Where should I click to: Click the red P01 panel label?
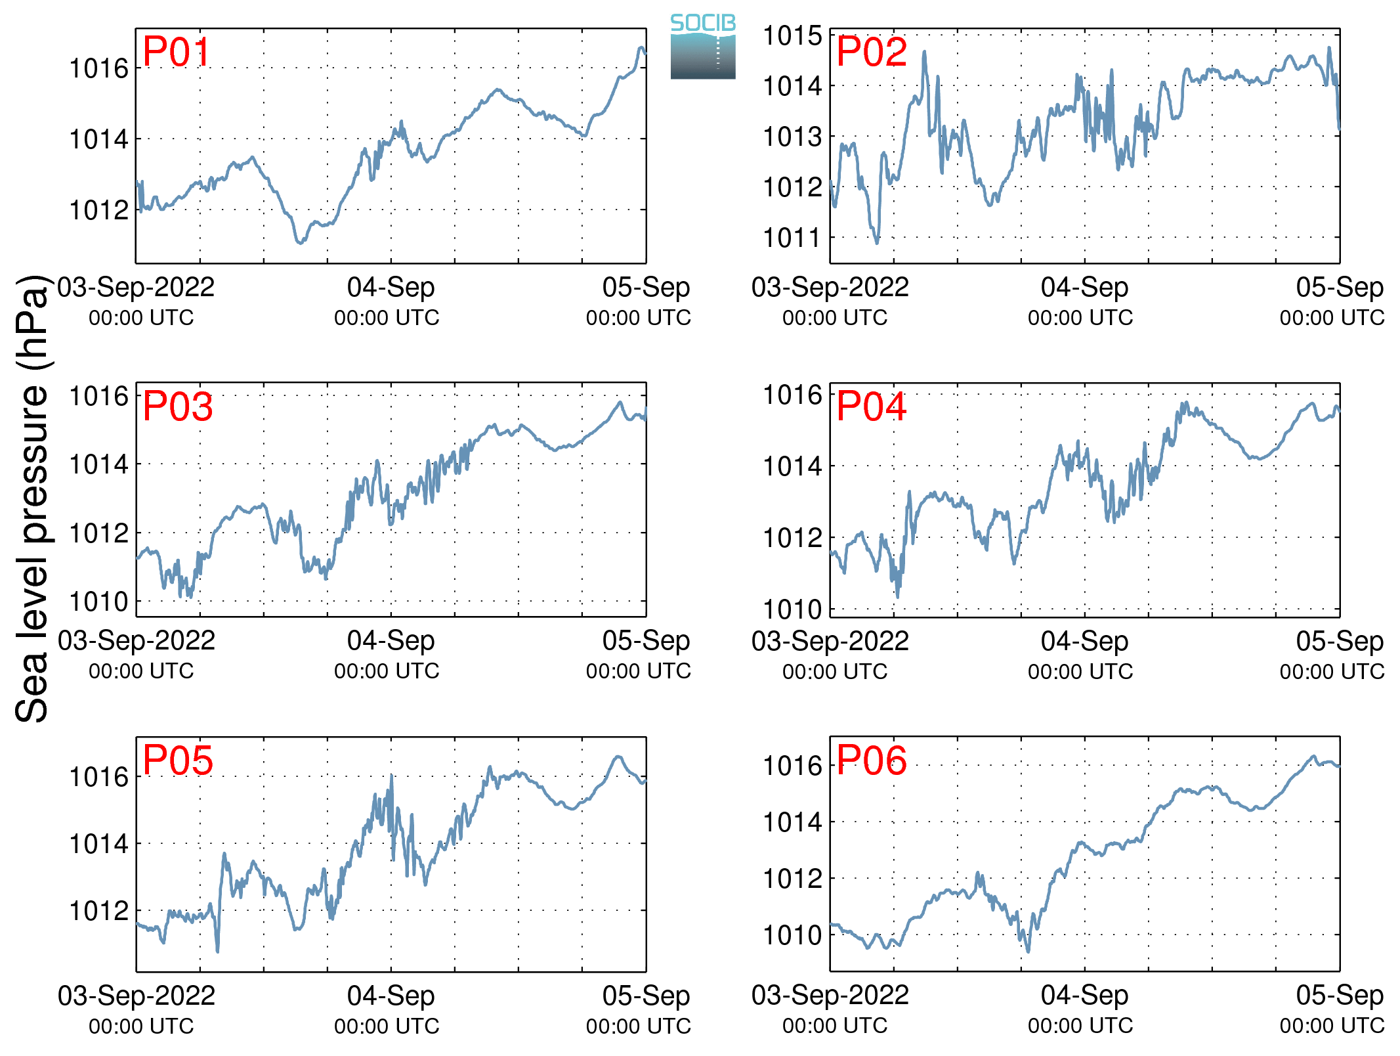point(176,52)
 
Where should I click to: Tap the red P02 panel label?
point(871,52)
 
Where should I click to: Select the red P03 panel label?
point(177,406)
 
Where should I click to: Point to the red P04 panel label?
point(871,406)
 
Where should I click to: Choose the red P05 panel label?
point(177,760)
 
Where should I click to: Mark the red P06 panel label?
point(871,760)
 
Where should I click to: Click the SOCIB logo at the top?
point(703,46)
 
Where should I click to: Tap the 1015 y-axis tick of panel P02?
point(792,35)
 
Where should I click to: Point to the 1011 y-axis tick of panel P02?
point(792,238)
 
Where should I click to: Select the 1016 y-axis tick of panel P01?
point(98,68)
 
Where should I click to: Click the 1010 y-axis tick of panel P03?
point(98,602)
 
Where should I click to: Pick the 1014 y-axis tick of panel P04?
point(792,466)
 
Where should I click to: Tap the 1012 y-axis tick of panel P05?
point(98,911)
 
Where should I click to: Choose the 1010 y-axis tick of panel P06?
point(792,935)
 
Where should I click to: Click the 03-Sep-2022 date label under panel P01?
point(136,288)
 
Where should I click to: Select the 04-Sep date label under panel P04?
point(1084,642)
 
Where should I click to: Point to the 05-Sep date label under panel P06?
point(1340,996)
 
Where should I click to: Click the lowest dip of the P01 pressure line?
point(301,243)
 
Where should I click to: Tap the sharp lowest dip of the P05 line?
point(217,950)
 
